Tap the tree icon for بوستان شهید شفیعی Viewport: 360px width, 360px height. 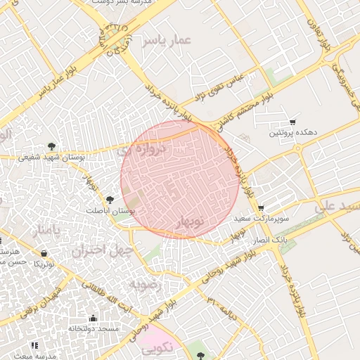[x=51, y=146]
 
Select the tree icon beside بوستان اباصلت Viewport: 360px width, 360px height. [x=110, y=200]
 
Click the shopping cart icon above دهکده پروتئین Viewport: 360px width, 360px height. [x=292, y=122]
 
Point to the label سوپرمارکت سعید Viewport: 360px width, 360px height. [x=262, y=219]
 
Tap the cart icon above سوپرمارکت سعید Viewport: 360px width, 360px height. [x=262, y=208]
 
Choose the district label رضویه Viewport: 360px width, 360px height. [x=146, y=284]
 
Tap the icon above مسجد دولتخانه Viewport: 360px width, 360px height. [x=94, y=318]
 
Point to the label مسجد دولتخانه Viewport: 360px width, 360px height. [x=94, y=329]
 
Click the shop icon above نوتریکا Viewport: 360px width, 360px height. [x=44, y=253]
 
